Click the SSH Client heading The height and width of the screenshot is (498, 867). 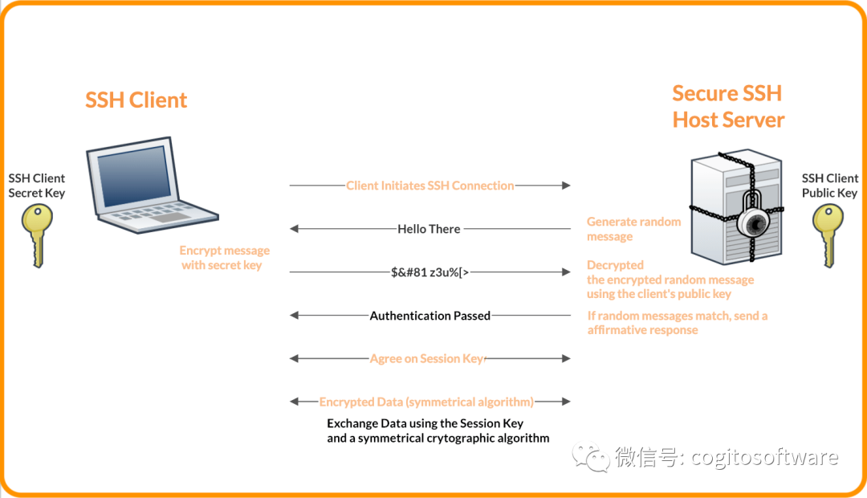pyautogui.click(x=136, y=100)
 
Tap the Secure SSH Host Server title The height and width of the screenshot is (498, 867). pyautogui.click(x=728, y=107)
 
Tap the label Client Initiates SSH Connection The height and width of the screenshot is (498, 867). pyautogui.click(x=430, y=186)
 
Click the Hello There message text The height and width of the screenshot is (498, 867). pyautogui.click(x=429, y=229)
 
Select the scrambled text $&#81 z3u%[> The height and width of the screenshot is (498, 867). pyautogui.click(x=430, y=272)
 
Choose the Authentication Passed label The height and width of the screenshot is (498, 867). pyautogui.click(x=430, y=316)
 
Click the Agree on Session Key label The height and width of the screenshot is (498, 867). pyautogui.click(x=427, y=358)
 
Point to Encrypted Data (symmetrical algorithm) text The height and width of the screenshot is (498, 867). pyautogui.click(x=427, y=402)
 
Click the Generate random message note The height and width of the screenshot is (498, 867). pyautogui.click(x=634, y=229)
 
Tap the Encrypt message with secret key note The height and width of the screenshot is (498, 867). pyautogui.click(x=224, y=258)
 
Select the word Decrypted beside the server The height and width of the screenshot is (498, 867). pyautogui.click(x=616, y=265)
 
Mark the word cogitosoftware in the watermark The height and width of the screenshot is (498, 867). pyautogui.click(x=765, y=457)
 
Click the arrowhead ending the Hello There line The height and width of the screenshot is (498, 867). pyautogui.click(x=294, y=229)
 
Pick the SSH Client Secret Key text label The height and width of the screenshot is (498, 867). pyautogui.click(x=36, y=186)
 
